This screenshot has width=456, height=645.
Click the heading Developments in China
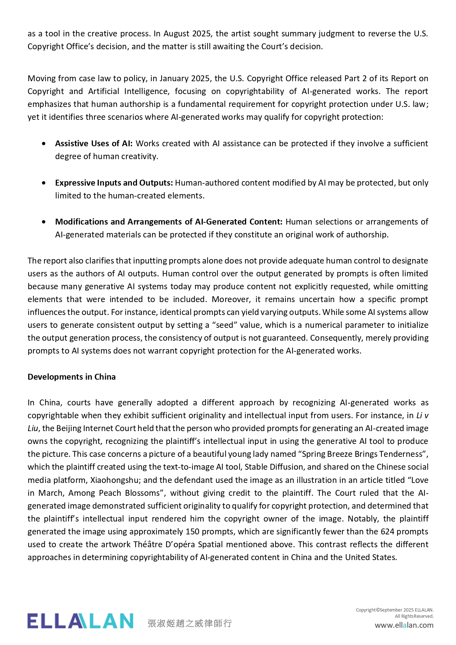click(72, 377)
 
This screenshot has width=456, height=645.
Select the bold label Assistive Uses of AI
click(94, 143)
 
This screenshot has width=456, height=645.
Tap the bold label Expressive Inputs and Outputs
click(114, 183)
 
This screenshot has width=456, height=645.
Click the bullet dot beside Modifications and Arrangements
click(44, 222)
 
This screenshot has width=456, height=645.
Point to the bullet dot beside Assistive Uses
click(44, 143)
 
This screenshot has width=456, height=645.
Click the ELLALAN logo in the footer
click(80, 621)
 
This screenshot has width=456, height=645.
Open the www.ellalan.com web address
click(404, 625)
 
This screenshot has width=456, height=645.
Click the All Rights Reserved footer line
click(414, 616)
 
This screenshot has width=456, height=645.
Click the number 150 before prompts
click(193, 531)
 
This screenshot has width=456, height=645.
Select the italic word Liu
click(33, 428)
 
